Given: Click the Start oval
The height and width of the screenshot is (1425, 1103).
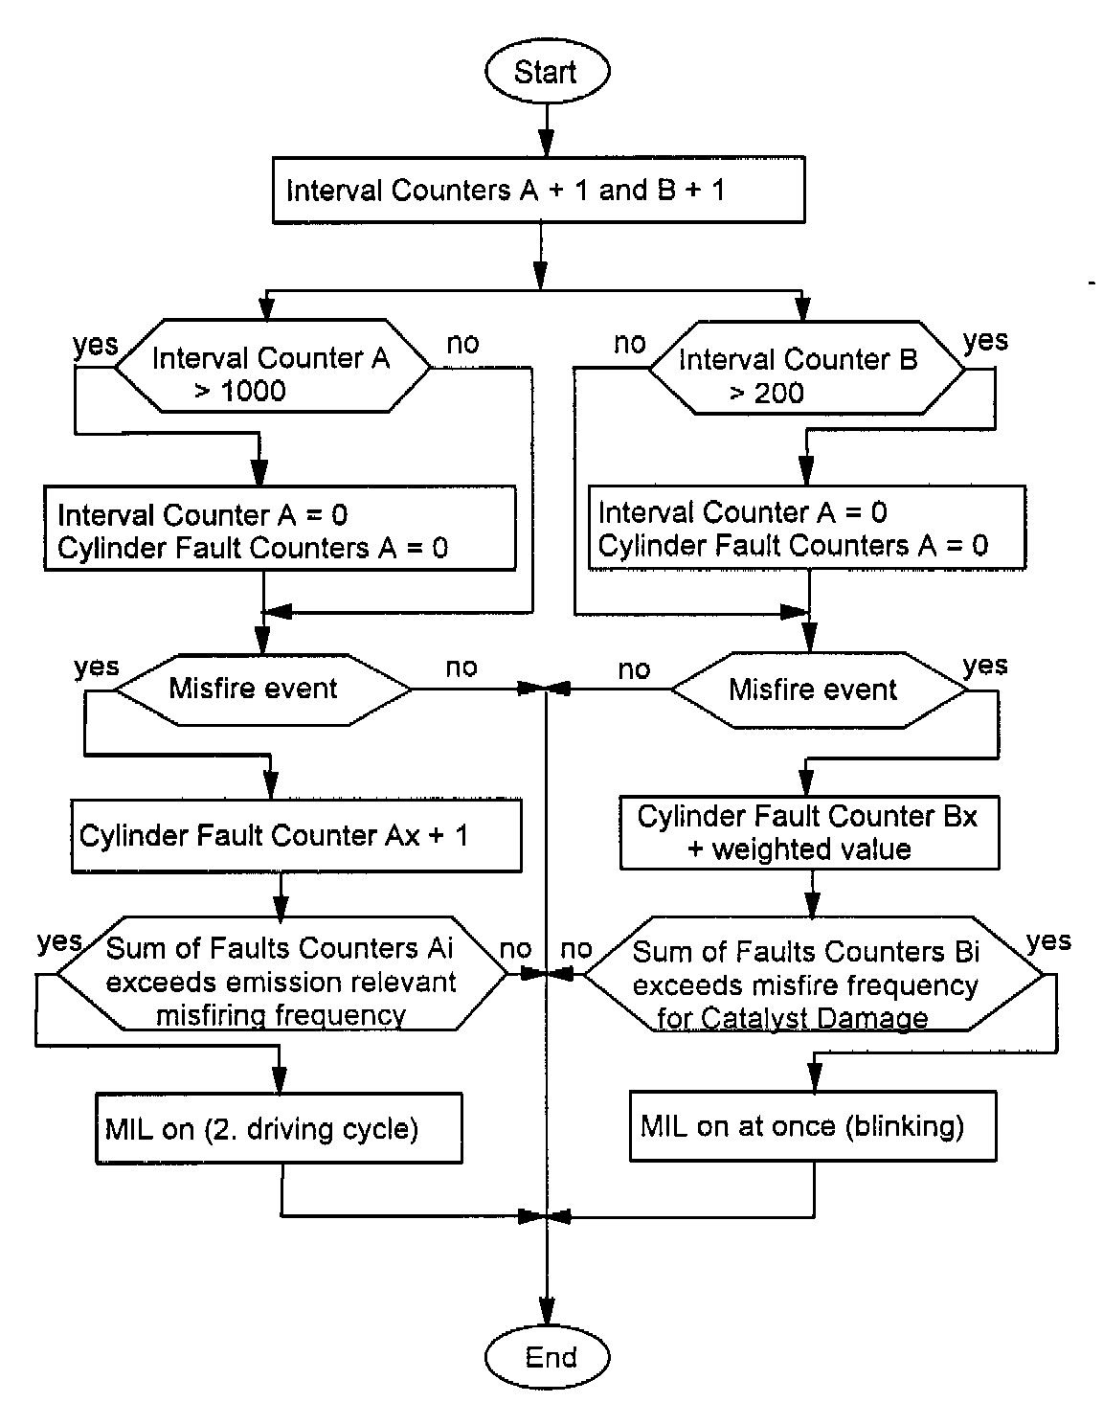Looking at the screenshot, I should point(546,72).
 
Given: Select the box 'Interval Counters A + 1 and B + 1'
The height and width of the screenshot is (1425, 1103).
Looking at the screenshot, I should point(538,191).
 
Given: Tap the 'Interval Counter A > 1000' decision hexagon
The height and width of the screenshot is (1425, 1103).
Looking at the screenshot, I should point(272,373).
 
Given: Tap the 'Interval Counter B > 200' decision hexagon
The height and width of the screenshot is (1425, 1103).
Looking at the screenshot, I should point(806,375).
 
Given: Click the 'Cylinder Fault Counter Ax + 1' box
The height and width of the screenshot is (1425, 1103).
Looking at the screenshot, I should point(296,836).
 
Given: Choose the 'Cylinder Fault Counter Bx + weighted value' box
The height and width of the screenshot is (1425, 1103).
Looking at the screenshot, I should point(809,832).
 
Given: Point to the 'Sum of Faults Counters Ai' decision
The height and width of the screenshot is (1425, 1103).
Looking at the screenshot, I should point(281,982).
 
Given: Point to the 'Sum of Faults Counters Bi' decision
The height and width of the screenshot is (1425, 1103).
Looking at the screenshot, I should point(813,984).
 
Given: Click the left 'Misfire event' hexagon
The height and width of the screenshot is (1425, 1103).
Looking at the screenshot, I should point(253,689).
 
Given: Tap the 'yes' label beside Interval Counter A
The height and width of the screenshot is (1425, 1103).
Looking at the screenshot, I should point(96,345).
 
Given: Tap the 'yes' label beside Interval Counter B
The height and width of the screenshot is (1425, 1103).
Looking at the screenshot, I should point(985,341).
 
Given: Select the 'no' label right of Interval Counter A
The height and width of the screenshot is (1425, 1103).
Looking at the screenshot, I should point(462,343).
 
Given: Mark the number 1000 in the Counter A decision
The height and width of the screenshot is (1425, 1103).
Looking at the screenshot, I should point(254,391).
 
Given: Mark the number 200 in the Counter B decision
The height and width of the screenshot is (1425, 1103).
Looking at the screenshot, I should point(777,394).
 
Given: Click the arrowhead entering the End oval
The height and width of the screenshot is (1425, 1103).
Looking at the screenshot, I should point(547,1311).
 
